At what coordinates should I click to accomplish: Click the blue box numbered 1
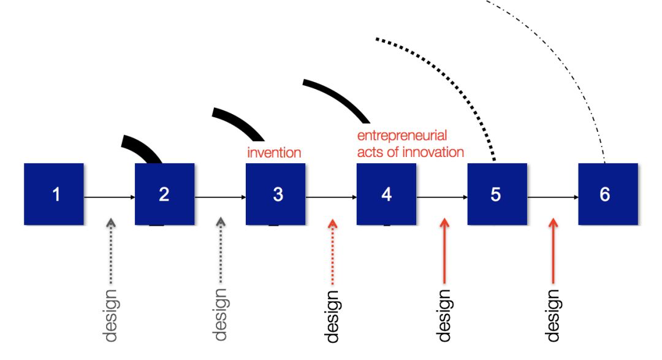click(x=54, y=194)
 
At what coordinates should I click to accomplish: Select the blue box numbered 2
click(x=164, y=194)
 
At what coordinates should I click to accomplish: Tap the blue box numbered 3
click(x=276, y=194)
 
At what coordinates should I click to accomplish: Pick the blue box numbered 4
click(x=387, y=194)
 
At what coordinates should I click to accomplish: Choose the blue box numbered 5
click(x=497, y=194)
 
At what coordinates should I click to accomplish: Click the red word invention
click(x=274, y=152)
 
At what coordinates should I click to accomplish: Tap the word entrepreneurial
click(x=402, y=136)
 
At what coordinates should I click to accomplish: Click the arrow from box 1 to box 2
click(x=109, y=197)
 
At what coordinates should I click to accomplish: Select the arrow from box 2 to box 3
click(x=220, y=197)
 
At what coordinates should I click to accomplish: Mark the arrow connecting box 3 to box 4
click(x=331, y=197)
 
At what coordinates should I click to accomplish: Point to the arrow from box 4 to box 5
click(x=442, y=197)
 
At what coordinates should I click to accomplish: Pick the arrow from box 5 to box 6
click(x=553, y=197)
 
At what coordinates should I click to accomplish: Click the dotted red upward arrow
click(x=332, y=251)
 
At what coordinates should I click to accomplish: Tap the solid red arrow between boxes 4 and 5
click(x=444, y=251)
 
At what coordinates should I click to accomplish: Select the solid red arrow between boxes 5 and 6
click(x=554, y=251)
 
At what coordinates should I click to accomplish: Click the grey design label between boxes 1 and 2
click(x=110, y=313)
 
